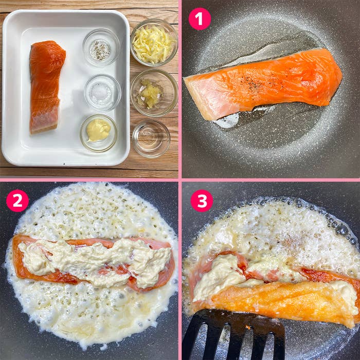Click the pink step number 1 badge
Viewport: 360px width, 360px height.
pos(200,19)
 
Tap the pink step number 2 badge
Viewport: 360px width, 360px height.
pos(17,201)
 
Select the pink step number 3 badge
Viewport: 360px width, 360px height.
pos(202,201)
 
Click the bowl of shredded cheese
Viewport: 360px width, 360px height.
pos(154,43)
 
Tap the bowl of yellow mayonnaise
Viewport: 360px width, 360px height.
pos(99,133)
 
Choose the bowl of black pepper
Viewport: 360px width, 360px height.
pos(101,48)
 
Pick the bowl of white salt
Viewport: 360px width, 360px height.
pos(102,93)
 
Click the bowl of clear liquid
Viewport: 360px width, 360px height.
pos(151,139)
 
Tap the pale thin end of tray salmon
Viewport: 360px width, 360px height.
pos(44,122)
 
